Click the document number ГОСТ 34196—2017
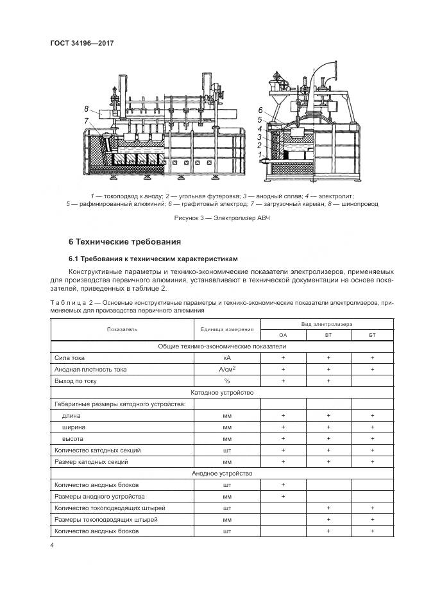click(x=85, y=44)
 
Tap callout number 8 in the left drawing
click(x=87, y=108)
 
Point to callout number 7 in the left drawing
click(x=87, y=120)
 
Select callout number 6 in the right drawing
click(x=260, y=110)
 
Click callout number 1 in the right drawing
click(x=259, y=155)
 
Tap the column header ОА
click(x=283, y=335)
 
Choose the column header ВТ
click(x=328, y=335)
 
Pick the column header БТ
click(x=372, y=335)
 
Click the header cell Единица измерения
click(x=226, y=329)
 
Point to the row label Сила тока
click(x=70, y=357)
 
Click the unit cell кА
click(x=226, y=357)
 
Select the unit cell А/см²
click(x=226, y=369)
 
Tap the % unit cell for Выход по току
click(x=226, y=381)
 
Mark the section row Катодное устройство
click(x=223, y=392)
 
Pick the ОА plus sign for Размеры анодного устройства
click(x=283, y=496)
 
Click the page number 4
click(x=51, y=545)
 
